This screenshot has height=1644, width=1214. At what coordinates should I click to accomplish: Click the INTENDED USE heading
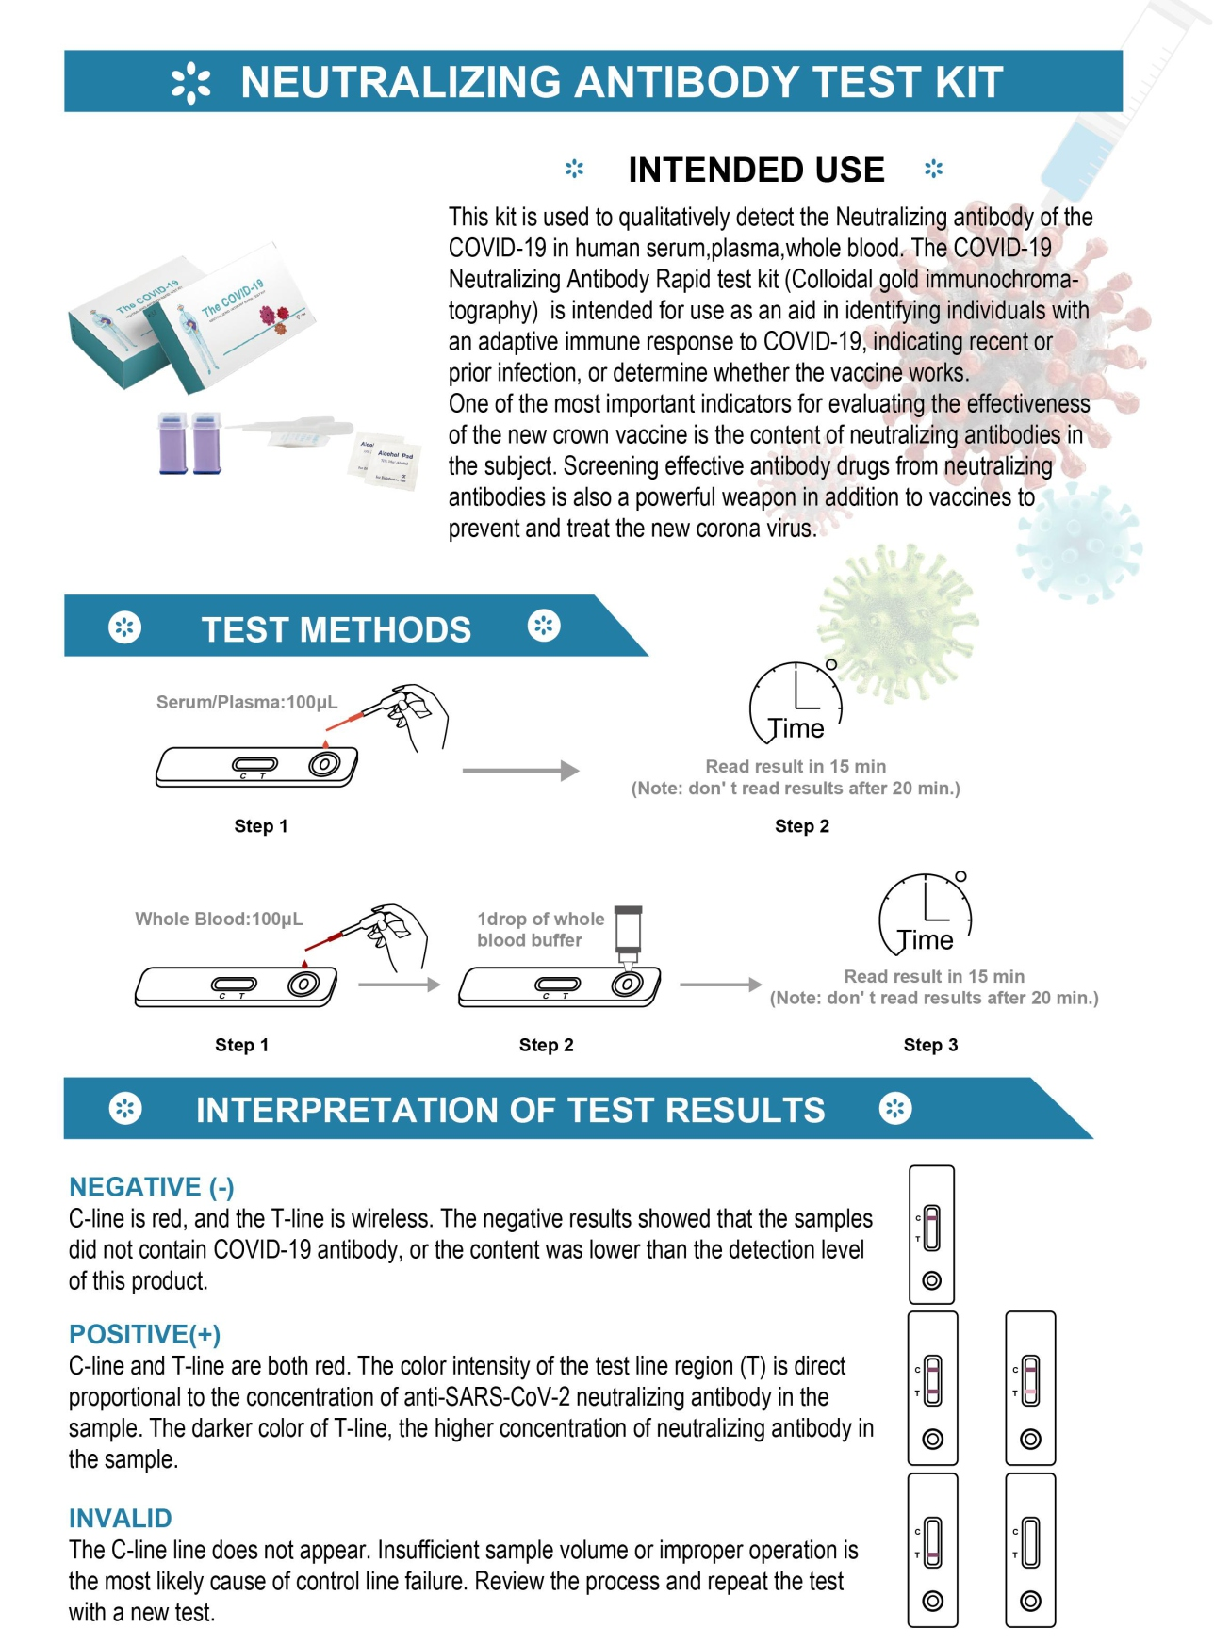pos(756,171)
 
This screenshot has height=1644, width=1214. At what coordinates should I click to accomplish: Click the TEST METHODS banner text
pos(336,629)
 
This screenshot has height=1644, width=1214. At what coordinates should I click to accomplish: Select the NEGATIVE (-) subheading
pos(152,1187)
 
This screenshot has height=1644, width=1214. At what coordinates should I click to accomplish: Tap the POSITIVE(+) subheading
pos(144,1334)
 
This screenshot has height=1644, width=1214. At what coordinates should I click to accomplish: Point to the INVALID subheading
pos(121,1518)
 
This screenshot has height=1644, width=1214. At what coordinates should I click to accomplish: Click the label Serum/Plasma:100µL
pos(247,702)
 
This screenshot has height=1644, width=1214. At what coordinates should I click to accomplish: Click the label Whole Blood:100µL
pos(219,919)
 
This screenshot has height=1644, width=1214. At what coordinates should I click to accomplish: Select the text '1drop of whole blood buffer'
pos(540,929)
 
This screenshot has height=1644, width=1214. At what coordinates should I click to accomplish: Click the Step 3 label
pos(930,1045)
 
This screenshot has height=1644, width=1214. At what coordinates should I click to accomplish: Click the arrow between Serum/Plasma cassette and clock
pos(520,771)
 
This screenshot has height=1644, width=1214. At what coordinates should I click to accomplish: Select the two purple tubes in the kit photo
pos(189,442)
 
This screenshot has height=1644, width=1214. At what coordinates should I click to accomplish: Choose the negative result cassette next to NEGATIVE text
pos(931,1234)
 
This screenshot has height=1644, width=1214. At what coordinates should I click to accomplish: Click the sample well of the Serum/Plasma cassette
pos(323,764)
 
